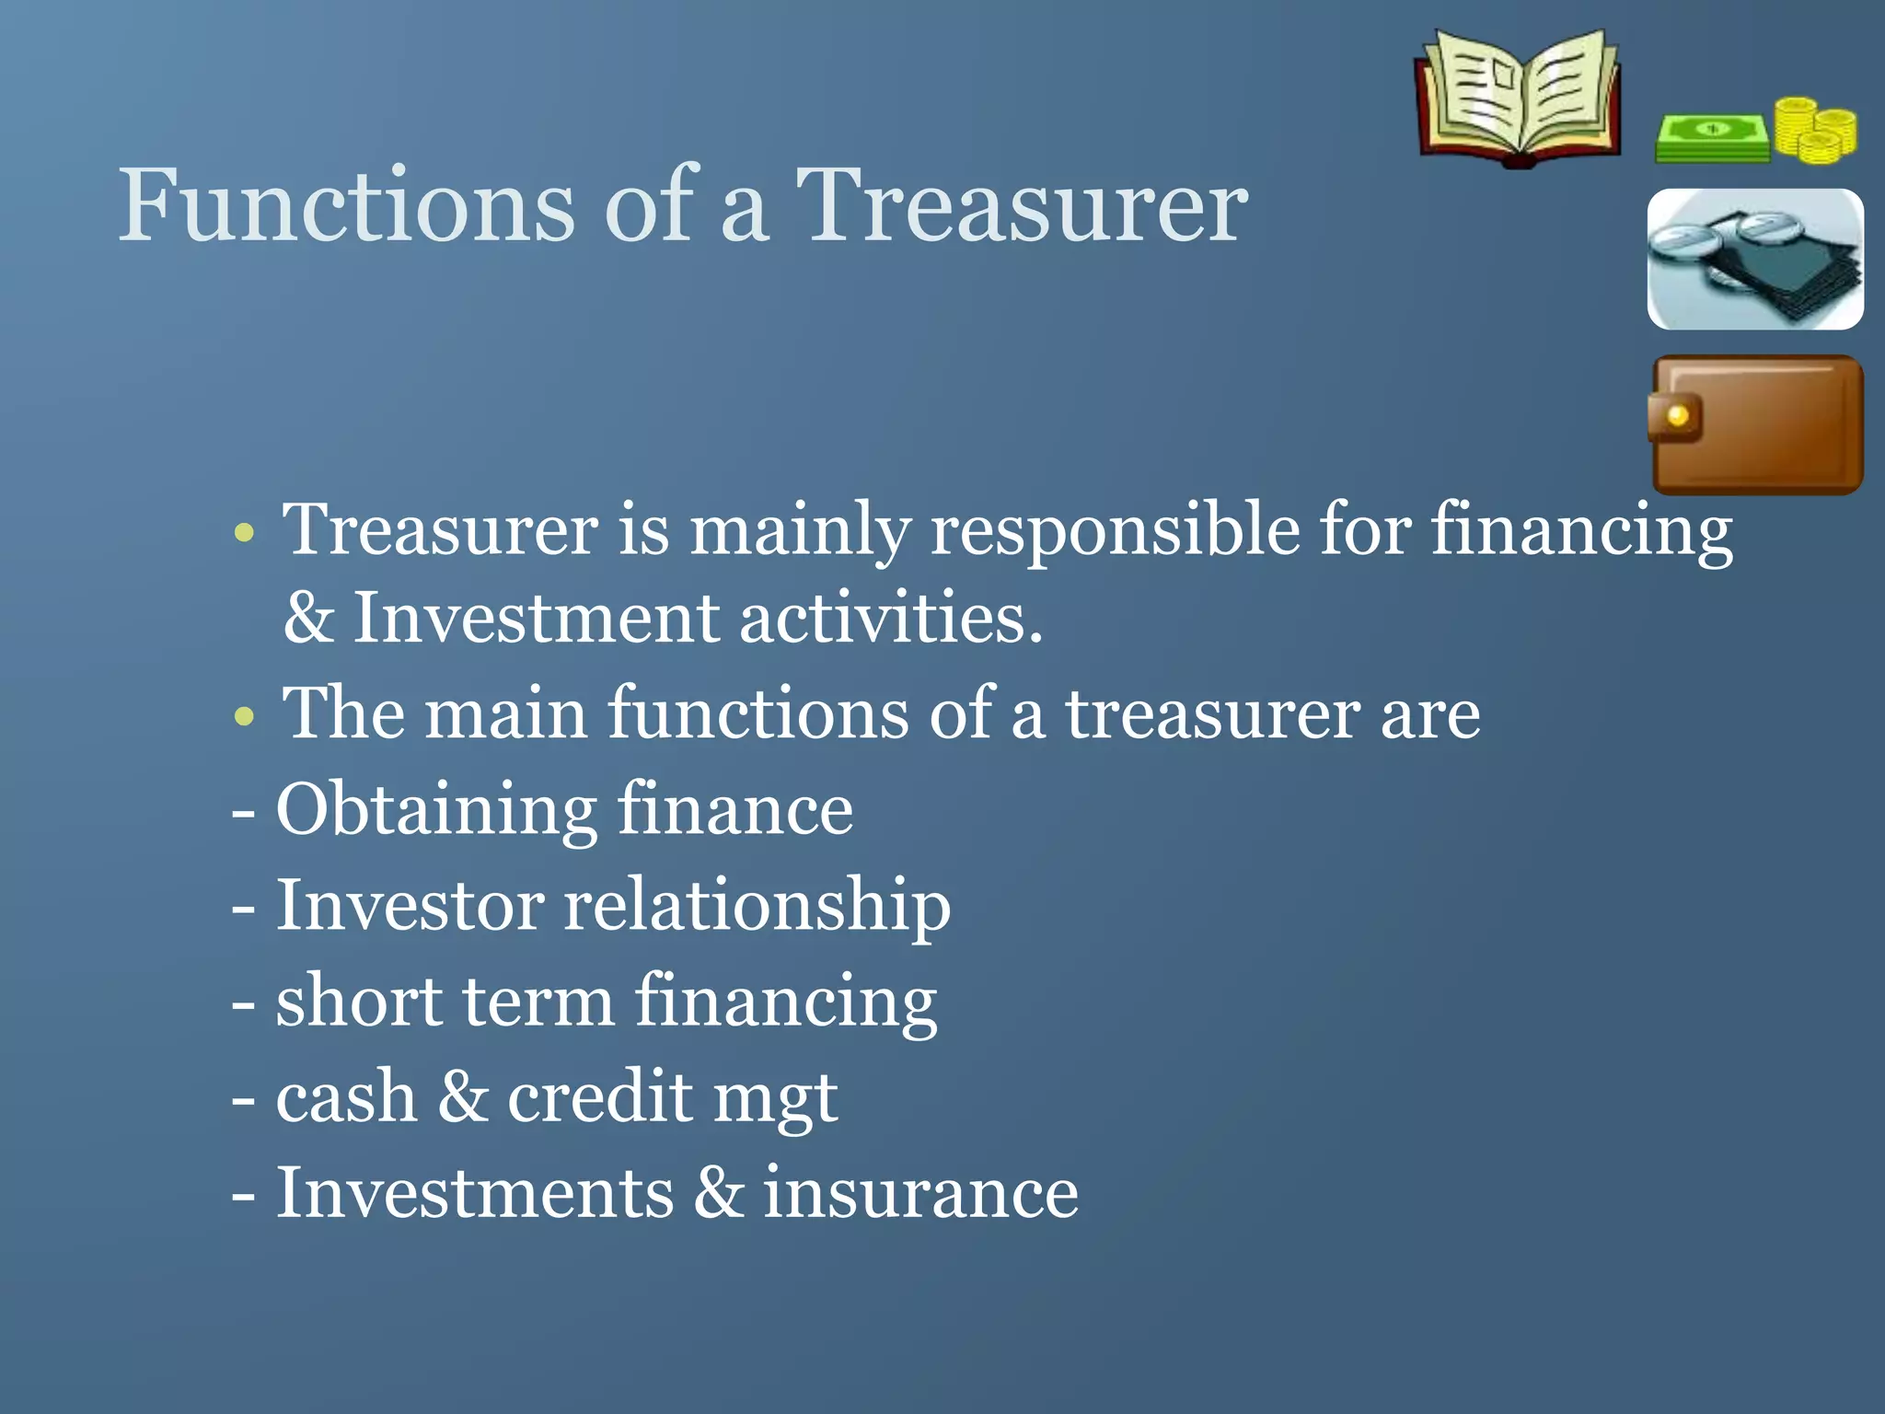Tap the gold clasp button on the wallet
click(x=1677, y=416)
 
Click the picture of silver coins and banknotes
click(x=1755, y=260)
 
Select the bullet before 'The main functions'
click(x=244, y=715)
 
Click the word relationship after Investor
click(x=757, y=906)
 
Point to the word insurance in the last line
click(x=920, y=1193)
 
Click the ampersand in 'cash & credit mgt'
click(x=463, y=1096)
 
